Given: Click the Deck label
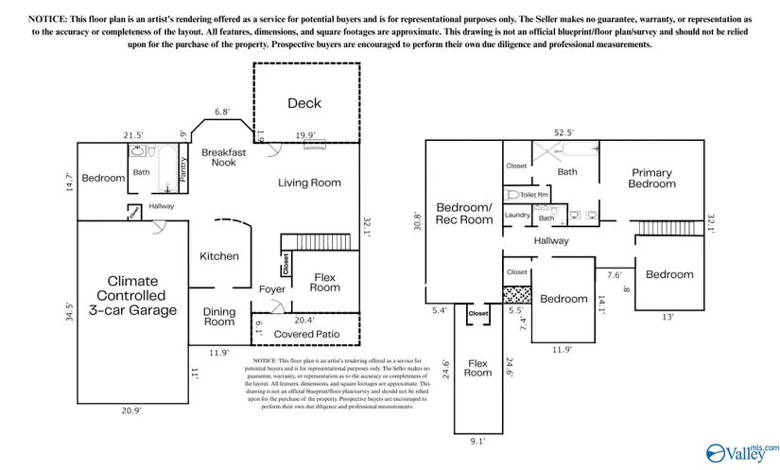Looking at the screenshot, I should [304, 104].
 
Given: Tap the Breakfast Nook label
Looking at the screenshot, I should [223, 157].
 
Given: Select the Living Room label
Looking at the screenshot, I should [309, 183].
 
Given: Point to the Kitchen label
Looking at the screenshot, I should [219, 256].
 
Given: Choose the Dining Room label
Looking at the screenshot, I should [219, 317].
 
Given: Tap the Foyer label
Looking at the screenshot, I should [271, 289].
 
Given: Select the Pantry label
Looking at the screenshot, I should [183, 166].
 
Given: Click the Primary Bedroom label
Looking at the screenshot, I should [652, 178].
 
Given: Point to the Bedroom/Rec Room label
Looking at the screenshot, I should [464, 213].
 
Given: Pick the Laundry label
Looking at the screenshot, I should [517, 216].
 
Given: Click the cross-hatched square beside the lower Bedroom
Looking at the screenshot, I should [515, 293].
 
